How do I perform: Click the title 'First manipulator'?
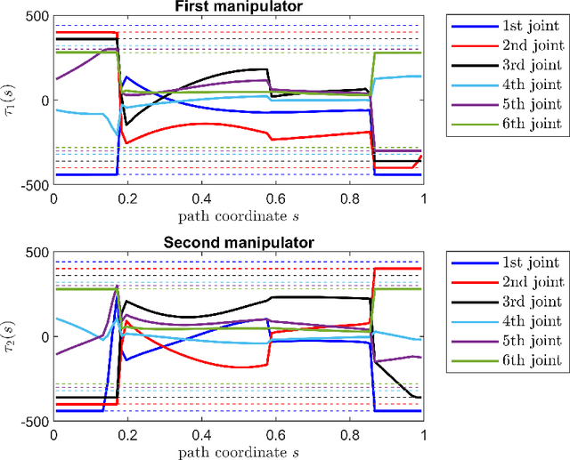coord(239,7)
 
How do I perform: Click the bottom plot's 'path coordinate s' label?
coord(239,452)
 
